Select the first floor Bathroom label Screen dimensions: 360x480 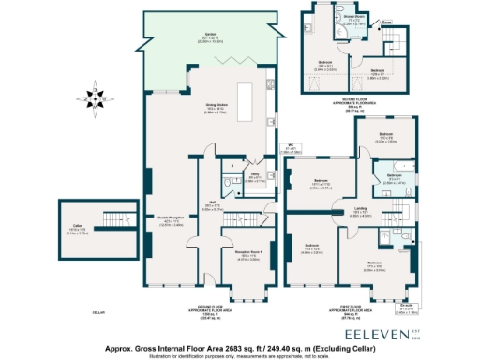click(394, 174)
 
